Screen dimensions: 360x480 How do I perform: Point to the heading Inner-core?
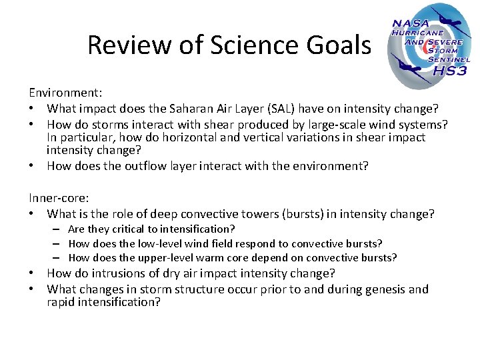coord(57,197)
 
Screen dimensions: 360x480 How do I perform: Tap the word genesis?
coord(383,289)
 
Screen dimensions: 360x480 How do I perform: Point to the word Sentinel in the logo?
coord(448,59)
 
